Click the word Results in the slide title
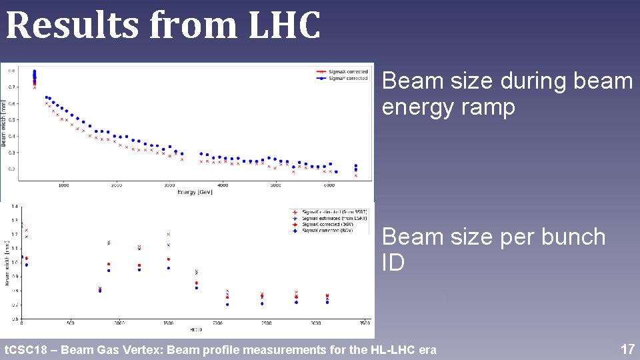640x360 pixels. click(73, 25)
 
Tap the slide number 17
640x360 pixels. click(627, 349)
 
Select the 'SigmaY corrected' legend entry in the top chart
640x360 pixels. click(347, 78)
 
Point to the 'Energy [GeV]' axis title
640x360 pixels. click(196, 193)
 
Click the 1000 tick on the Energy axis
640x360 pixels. click(63, 185)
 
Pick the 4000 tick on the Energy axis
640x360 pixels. click(223, 185)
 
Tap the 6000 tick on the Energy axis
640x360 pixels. click(329, 185)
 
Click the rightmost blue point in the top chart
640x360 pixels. click(356, 166)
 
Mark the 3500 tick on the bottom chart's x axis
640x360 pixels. click(364, 323)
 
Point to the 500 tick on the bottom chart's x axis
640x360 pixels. click(70, 323)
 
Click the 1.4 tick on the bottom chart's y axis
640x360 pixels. click(14, 207)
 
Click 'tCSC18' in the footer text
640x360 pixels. click(25, 350)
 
